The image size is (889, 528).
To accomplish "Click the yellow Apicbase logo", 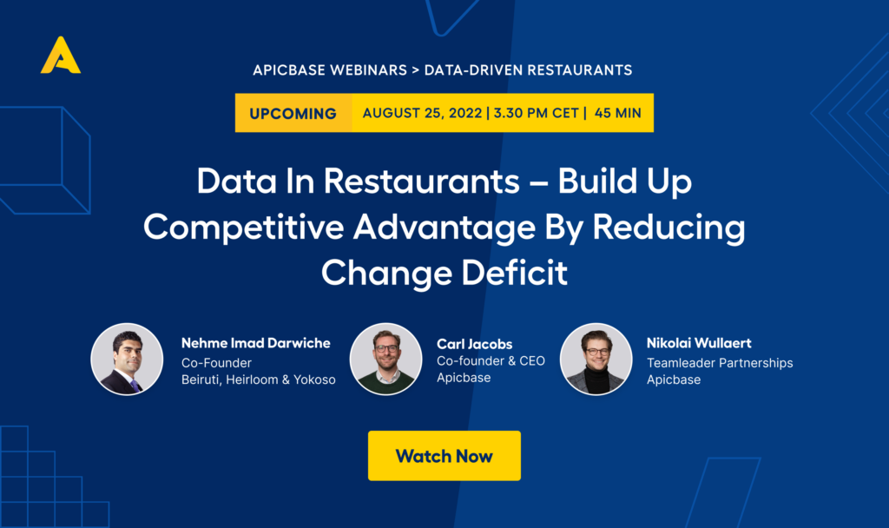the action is (x=61, y=55).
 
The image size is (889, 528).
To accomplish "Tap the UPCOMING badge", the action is (x=293, y=113).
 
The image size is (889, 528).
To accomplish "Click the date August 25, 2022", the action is (x=423, y=113).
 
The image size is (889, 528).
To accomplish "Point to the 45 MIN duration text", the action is (x=618, y=113).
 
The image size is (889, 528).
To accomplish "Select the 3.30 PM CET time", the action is (x=537, y=113).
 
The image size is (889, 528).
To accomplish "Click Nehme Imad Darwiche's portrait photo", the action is (x=127, y=359).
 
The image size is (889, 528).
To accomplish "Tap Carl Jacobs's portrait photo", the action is (x=386, y=359).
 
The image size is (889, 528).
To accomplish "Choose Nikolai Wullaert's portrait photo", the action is (x=596, y=359).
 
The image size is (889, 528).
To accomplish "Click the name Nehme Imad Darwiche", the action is (x=256, y=343).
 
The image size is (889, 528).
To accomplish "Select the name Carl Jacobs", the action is (x=475, y=344).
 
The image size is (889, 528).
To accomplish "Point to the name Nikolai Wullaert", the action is (x=699, y=343).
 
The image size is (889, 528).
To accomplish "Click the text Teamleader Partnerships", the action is (x=720, y=363).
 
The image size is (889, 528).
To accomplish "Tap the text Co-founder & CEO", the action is (x=491, y=360).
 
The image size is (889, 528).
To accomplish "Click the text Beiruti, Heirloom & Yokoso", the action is (x=259, y=379).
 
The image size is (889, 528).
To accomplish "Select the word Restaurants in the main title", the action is (x=421, y=181).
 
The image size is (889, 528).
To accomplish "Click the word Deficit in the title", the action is (x=514, y=272).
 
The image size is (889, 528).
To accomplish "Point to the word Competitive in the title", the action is (x=243, y=227).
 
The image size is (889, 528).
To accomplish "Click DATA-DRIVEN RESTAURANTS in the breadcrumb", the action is (x=529, y=69).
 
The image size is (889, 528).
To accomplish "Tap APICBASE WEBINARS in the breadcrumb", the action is (x=330, y=69).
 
